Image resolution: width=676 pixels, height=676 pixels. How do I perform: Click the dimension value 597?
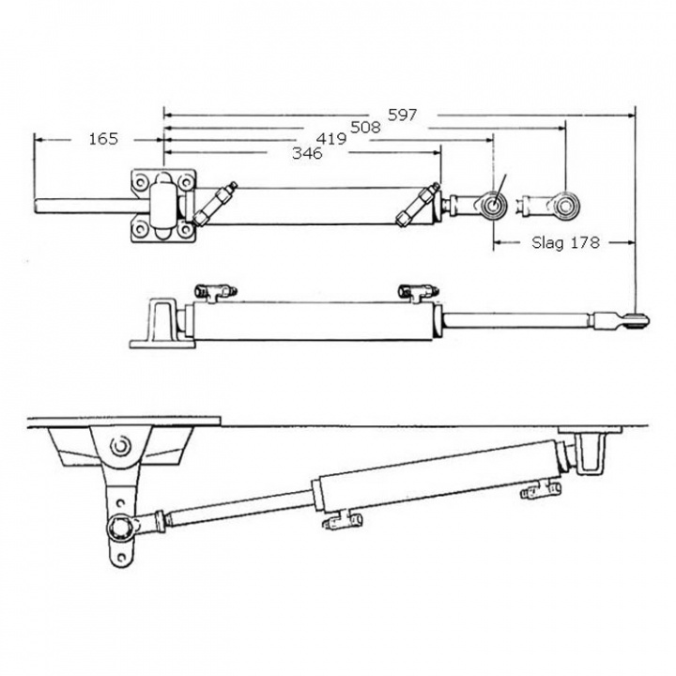[403, 115]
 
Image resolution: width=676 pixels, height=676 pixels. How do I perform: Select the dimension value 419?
[330, 139]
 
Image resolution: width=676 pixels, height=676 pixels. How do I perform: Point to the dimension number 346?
[306, 154]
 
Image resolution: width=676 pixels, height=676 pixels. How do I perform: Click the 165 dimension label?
[103, 139]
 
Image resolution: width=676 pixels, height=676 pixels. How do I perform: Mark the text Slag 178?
[563, 242]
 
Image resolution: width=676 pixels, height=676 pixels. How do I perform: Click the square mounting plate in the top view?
[163, 204]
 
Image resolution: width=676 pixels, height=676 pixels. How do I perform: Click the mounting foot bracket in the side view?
[159, 324]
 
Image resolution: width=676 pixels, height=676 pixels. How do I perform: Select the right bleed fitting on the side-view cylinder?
[414, 290]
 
